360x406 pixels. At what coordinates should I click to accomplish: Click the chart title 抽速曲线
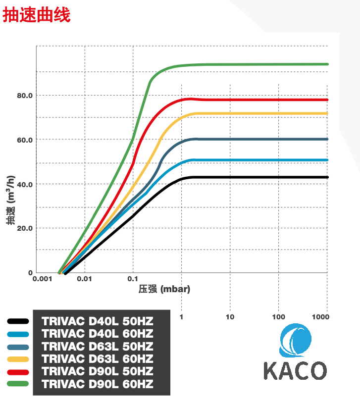[x=37, y=15]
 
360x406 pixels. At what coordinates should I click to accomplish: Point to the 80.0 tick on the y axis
[x=24, y=95]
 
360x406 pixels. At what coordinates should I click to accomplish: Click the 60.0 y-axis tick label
[x=24, y=140]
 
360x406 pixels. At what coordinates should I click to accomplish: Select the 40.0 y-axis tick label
[x=24, y=184]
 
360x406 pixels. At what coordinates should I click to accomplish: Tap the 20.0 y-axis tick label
[x=24, y=228]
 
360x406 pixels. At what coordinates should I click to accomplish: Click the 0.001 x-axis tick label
[x=43, y=279]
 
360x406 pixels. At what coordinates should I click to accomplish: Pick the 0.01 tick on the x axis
[x=85, y=279]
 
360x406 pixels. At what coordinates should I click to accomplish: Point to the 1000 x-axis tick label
[x=321, y=316]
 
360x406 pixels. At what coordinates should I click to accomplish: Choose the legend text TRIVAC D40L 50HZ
[x=98, y=321]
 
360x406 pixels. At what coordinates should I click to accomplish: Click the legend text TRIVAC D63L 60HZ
[x=98, y=358]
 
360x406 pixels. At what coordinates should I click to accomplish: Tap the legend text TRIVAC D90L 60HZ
[x=98, y=384]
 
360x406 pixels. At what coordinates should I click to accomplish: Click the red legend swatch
[x=18, y=371]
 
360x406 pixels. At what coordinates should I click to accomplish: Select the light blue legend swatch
[x=18, y=333]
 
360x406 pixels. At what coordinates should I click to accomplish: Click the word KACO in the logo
[x=295, y=370]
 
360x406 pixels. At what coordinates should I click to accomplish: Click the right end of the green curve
[x=327, y=64]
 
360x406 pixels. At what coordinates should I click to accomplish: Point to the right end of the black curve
[x=327, y=177]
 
